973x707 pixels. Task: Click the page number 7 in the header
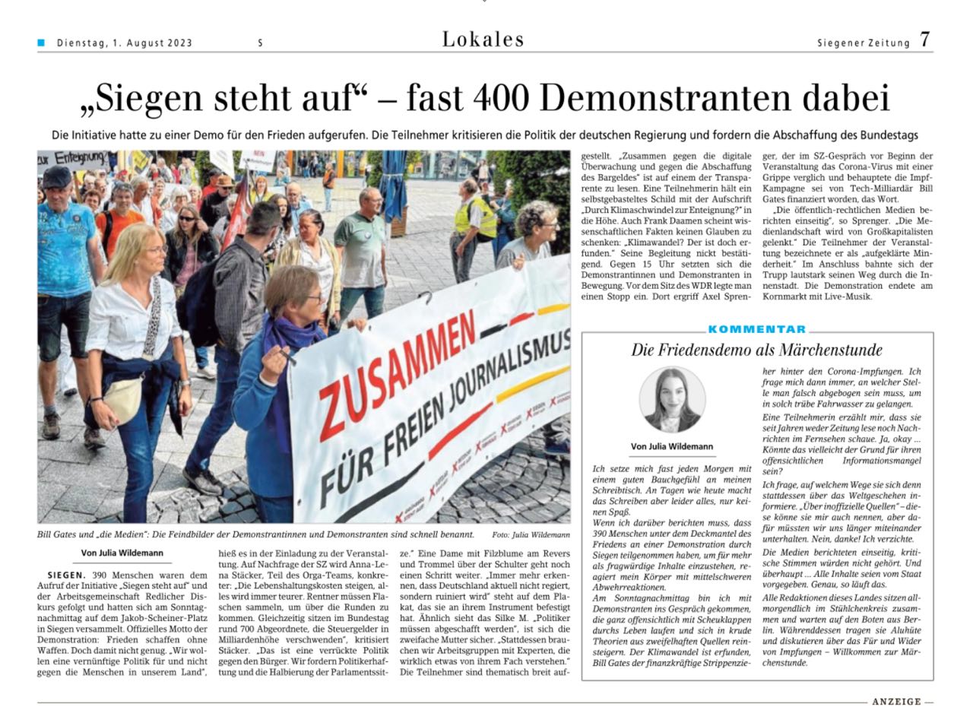(x=924, y=40)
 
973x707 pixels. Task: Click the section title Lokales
(x=483, y=40)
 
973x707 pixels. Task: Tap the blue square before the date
(x=41, y=43)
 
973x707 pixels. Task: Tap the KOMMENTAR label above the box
(x=757, y=329)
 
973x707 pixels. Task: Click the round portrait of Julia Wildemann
(x=672, y=400)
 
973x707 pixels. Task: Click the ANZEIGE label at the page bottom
(x=896, y=702)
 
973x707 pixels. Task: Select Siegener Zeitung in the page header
(x=863, y=43)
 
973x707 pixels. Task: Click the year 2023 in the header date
(x=180, y=43)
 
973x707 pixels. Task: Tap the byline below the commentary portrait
(x=672, y=446)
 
